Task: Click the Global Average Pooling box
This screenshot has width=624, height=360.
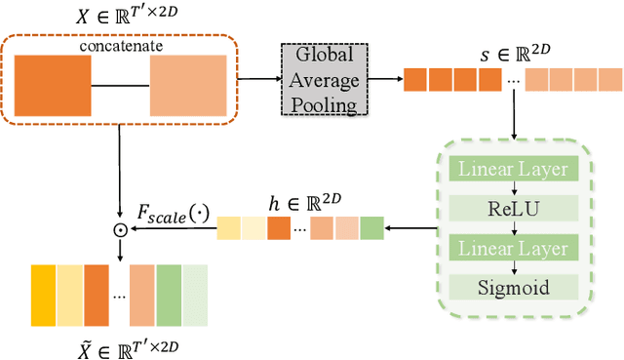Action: coord(320,79)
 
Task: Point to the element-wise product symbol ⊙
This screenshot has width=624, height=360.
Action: coord(119,231)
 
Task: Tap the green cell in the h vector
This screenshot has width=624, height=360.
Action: coord(372,229)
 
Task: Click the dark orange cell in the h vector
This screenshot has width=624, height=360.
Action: coord(279,229)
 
